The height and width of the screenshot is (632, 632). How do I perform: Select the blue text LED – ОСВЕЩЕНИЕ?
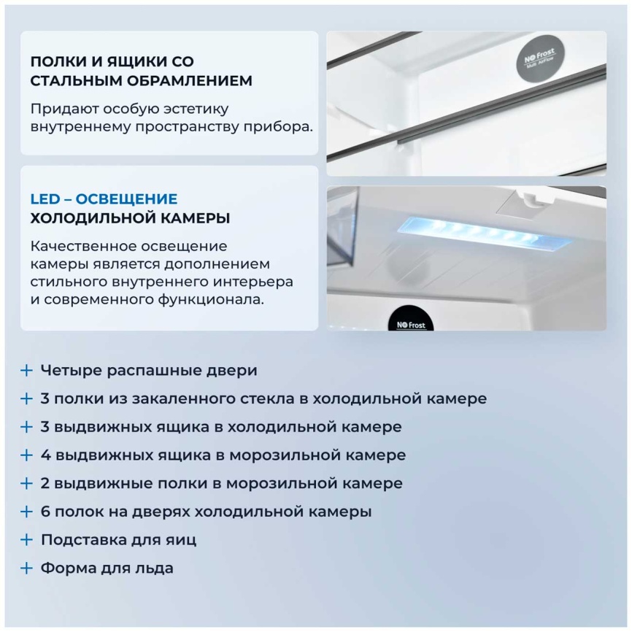tap(104, 199)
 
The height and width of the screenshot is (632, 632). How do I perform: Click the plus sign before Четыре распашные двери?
tap(27, 371)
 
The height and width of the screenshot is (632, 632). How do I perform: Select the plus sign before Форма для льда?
tap(27, 568)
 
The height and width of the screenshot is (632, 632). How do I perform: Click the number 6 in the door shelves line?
tap(46, 512)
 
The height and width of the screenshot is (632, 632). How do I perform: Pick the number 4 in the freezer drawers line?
tap(46, 455)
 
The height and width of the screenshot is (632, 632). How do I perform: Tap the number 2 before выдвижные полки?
tap(46, 483)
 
